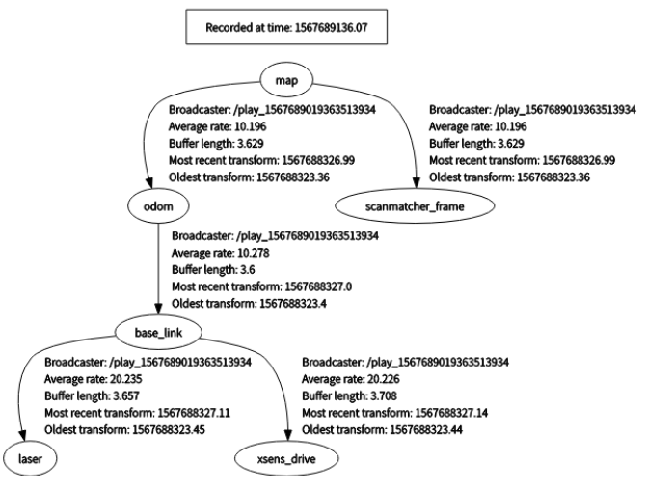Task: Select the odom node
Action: click(x=156, y=204)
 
